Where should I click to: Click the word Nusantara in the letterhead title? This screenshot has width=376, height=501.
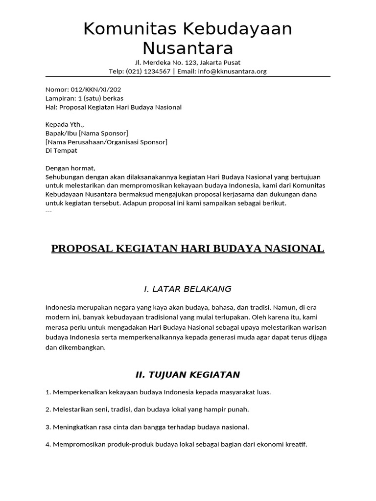(188, 48)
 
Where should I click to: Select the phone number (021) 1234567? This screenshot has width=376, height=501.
(148, 71)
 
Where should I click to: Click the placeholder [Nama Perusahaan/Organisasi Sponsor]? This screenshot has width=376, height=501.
(106, 142)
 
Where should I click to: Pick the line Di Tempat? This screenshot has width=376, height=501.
(61, 151)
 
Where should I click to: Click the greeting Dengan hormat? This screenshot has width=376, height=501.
(70, 168)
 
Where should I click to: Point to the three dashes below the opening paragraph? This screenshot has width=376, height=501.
(48, 211)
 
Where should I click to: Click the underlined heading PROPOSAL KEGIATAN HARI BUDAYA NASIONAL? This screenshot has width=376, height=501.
(188, 249)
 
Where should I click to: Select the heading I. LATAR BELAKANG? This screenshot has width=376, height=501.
(188, 289)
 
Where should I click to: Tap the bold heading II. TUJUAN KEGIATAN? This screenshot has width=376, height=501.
(188, 375)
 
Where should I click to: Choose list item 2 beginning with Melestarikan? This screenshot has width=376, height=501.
(147, 409)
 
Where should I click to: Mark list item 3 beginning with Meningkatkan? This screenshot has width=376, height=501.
(147, 427)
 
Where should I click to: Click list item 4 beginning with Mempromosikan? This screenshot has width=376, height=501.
(176, 445)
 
